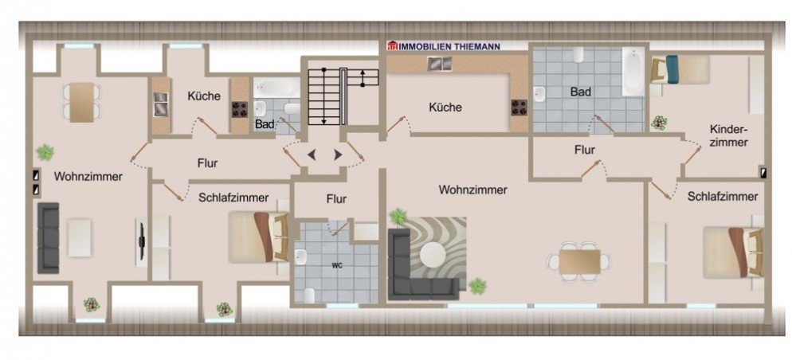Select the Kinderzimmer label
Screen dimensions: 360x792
click(x=728, y=135)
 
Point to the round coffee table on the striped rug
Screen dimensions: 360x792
click(x=433, y=254)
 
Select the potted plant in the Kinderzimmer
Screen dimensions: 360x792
click(x=658, y=123)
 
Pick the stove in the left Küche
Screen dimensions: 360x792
click(x=238, y=109)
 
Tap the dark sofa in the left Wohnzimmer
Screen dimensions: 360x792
click(x=49, y=237)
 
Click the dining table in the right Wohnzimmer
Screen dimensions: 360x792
click(x=579, y=261)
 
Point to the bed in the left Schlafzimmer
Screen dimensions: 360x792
click(x=257, y=237)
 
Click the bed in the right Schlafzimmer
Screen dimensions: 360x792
click(x=731, y=252)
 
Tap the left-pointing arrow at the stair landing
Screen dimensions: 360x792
click(x=311, y=154)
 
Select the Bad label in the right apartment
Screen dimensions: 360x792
click(x=580, y=92)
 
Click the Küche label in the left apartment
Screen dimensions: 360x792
click(x=203, y=96)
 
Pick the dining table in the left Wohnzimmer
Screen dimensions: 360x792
click(x=81, y=102)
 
